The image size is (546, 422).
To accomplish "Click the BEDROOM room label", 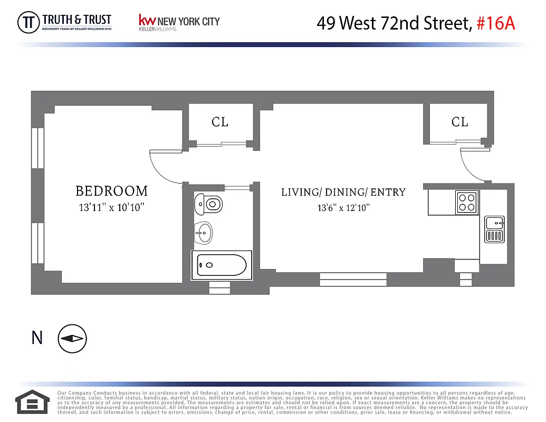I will click(111, 191).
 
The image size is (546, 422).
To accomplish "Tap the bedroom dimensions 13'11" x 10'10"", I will click(111, 207).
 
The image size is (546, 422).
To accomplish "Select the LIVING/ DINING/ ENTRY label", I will click(343, 192).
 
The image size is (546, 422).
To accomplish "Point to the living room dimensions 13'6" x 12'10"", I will click(343, 208).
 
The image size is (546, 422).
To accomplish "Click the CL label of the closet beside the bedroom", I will click(220, 122).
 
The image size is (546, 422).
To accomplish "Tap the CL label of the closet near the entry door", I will click(459, 122).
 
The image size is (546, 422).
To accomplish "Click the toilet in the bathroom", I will click(209, 203).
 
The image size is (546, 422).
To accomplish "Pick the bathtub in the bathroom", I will click(221, 265).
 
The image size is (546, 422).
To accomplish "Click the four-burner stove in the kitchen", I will click(467, 202).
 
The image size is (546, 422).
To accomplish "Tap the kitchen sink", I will click(494, 229).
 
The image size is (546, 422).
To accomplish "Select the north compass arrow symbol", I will click(72, 339).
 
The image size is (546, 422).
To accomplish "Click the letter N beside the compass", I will click(37, 338).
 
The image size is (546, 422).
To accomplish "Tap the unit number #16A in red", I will click(495, 23).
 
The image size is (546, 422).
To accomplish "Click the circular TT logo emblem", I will click(28, 23).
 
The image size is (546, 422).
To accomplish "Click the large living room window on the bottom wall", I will click(353, 279).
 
